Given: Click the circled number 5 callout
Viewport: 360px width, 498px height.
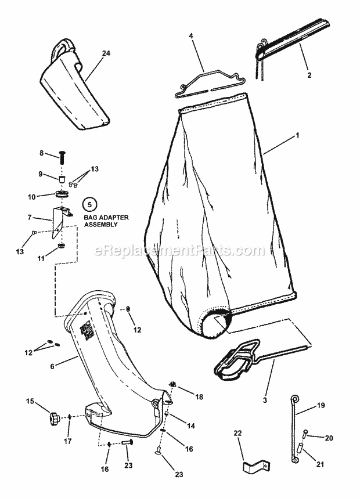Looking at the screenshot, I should pyautogui.click(x=89, y=204).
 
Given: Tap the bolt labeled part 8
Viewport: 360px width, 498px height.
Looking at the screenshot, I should pyautogui.click(x=62, y=156).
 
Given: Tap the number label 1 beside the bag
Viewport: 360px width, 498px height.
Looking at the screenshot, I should pyautogui.click(x=297, y=135).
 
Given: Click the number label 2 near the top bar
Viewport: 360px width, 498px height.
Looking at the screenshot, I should pyautogui.click(x=309, y=75).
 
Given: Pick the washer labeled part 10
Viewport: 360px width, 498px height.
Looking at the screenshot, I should pyautogui.click(x=61, y=193).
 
